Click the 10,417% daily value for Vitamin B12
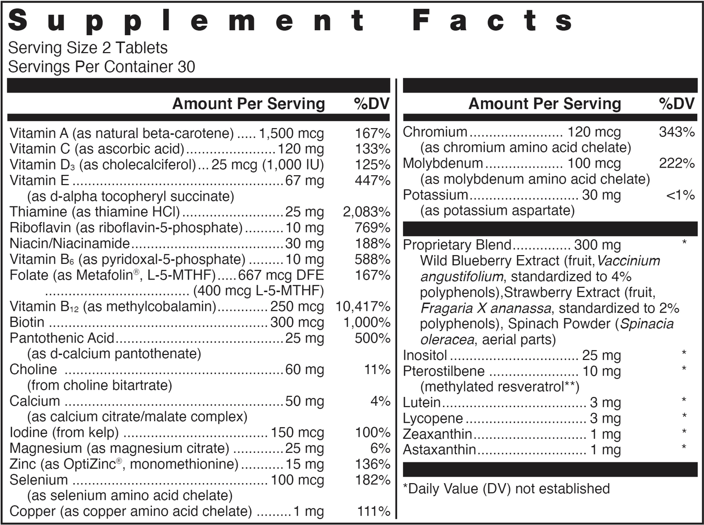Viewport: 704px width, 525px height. point(363,307)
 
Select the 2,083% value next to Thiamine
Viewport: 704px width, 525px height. point(366,212)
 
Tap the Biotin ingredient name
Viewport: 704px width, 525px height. point(27,322)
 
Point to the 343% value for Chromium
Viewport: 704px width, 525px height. point(677,132)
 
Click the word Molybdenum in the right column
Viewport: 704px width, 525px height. point(443,164)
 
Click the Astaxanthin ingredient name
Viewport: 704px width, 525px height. point(439,450)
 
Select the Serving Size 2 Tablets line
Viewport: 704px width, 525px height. point(88,48)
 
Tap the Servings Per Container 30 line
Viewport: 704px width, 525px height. point(101,67)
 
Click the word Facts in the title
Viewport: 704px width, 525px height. point(492,21)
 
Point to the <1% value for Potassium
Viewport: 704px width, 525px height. point(680,195)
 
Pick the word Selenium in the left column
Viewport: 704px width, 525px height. point(38,480)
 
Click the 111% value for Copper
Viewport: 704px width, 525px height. point(374,511)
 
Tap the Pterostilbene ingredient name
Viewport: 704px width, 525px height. point(443,371)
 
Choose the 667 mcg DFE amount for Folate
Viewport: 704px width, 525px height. point(281,275)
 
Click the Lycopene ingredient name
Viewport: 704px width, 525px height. point(433,418)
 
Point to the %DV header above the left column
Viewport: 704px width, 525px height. point(372,104)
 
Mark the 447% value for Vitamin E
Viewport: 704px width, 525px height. point(373,181)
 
